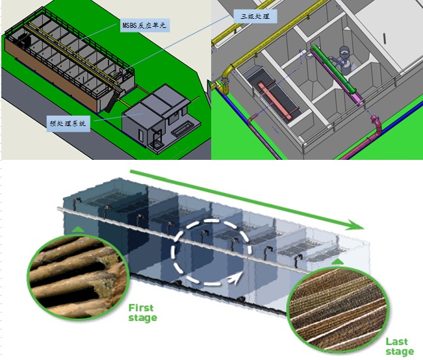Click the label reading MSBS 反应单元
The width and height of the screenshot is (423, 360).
(145, 25)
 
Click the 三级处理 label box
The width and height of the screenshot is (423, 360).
(255, 16)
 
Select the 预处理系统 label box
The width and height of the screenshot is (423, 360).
(68, 123)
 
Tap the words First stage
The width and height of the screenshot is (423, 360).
(142, 313)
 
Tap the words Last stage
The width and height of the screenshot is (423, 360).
(400, 347)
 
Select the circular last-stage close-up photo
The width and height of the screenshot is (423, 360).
(338, 309)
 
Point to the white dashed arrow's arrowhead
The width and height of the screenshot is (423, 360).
(235, 279)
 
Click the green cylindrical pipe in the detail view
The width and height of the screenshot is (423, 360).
(335, 69)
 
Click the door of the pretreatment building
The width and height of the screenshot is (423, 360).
(141, 135)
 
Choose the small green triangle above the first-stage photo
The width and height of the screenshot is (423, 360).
(78, 229)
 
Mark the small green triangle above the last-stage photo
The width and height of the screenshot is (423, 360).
(337, 261)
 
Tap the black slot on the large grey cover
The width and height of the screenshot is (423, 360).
(385, 38)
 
